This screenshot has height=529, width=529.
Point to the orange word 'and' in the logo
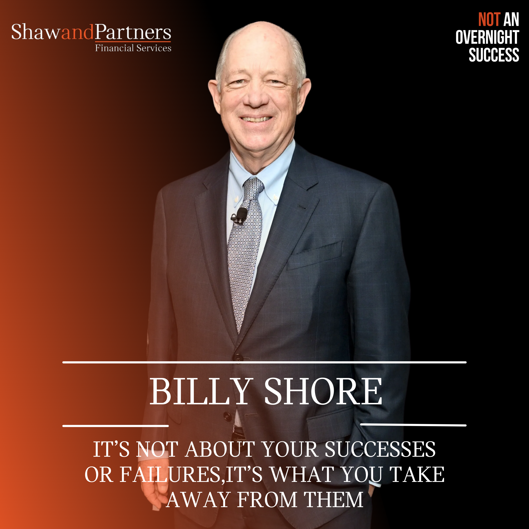(x=77, y=32)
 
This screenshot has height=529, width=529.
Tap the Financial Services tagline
(x=133, y=48)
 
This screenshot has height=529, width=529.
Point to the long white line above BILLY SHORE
(x=264, y=362)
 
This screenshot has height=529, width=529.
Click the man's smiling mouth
(x=256, y=119)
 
